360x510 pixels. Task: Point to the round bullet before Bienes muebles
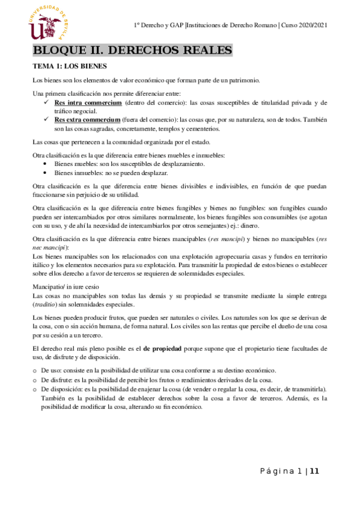47,164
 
